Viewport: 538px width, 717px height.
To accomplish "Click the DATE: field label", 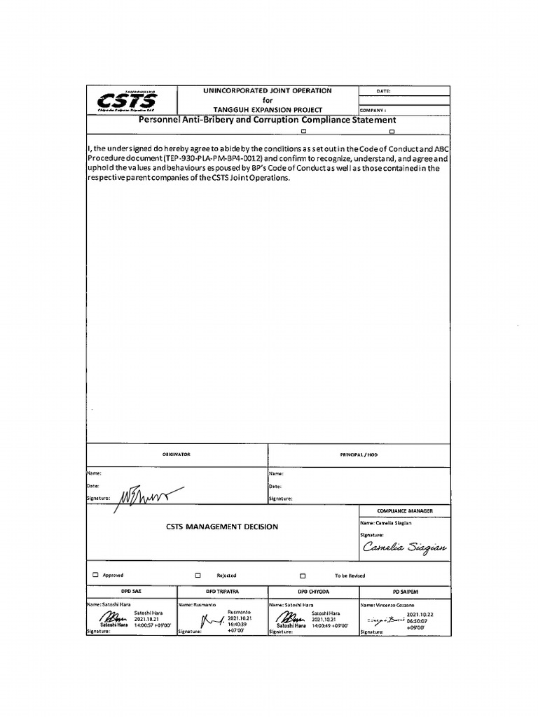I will [383, 91].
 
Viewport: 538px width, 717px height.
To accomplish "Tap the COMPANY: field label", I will [373, 111].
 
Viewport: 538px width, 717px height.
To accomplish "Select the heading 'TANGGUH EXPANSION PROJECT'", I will [267, 110].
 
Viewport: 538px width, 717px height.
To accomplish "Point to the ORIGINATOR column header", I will [176, 454].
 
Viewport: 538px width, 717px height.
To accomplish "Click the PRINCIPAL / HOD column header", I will [358, 454].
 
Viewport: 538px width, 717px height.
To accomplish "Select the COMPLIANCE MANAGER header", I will [404, 511].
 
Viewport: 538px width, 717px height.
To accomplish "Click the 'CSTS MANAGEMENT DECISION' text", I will [221, 527].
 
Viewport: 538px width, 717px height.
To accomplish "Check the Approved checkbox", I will [95, 575].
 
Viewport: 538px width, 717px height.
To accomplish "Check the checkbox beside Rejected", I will [198, 575].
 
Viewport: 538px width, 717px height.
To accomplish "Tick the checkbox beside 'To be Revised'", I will [303, 576].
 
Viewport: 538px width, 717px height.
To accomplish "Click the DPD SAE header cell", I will [131, 592].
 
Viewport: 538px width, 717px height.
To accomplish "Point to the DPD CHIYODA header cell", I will [313, 592].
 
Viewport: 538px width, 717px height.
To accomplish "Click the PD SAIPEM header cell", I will [404, 592].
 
